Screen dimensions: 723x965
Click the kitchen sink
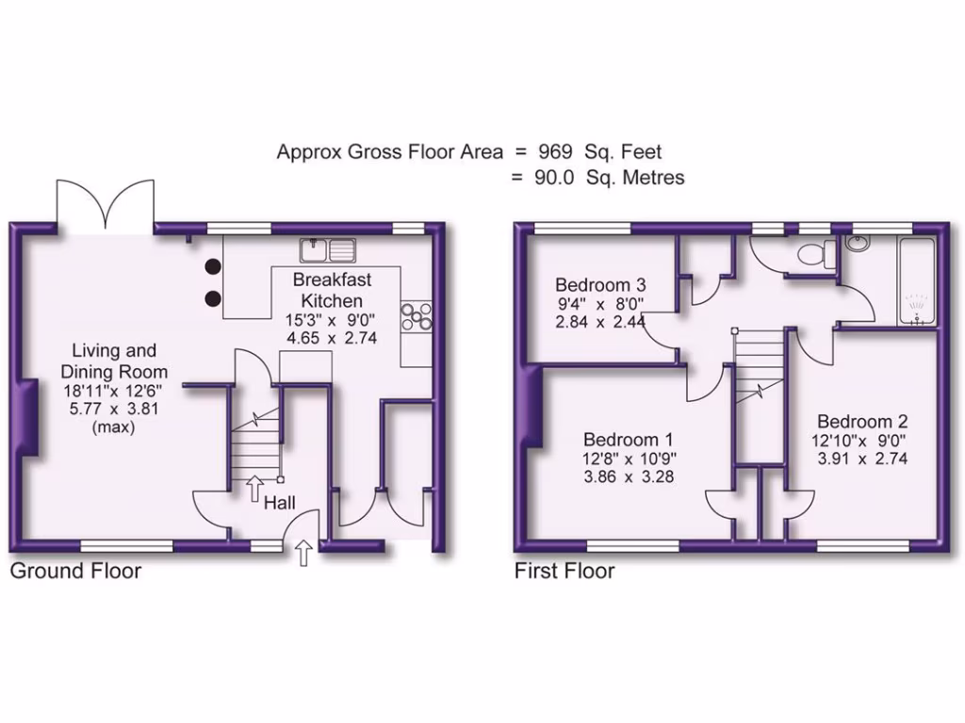pos(327,250)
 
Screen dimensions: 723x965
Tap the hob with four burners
pos(417,316)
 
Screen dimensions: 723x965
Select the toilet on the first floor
pos(811,253)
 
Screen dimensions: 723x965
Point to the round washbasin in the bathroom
pos(859,244)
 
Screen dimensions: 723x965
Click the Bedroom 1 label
pos(629,440)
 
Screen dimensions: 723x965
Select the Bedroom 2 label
pos(862,421)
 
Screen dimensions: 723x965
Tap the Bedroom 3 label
pos(600,284)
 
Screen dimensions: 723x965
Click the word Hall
pos(280,504)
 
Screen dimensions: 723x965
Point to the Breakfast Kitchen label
pos(332,290)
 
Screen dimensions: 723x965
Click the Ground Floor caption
pos(75,570)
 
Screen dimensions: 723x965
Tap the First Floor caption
pos(564,570)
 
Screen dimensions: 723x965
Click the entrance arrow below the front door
pos(303,554)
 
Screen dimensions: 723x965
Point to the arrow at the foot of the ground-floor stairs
pos(254,488)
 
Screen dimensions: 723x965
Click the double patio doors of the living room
pos(105,202)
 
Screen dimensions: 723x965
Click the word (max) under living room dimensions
pos(112,427)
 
